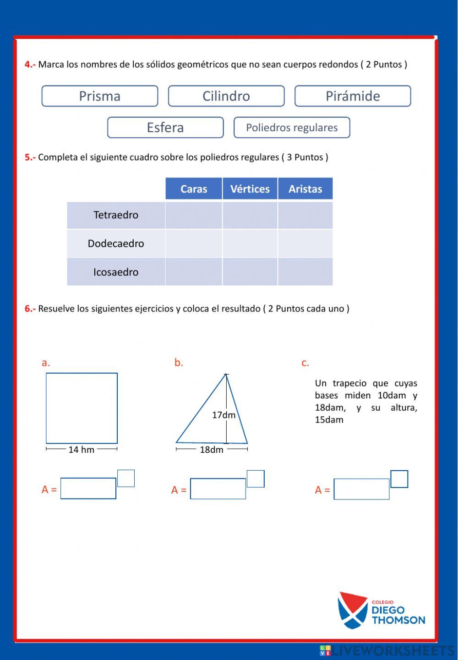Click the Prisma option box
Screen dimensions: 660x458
click(100, 96)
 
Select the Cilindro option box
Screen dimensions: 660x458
click(226, 96)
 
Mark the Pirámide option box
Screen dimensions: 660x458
click(353, 96)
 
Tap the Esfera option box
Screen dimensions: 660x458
click(165, 128)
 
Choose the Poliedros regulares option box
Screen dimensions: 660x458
click(292, 128)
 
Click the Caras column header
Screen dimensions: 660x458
click(194, 189)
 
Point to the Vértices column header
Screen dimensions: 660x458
click(250, 189)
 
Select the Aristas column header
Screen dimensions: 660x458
click(305, 189)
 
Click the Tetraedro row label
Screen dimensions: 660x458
click(116, 215)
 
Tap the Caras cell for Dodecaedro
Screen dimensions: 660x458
click(194, 243)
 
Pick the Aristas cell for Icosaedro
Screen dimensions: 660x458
click(305, 272)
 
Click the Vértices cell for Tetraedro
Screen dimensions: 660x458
click(250, 215)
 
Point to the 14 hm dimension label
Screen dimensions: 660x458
click(82, 450)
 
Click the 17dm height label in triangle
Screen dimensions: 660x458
click(224, 415)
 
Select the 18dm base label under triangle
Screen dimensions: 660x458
click(212, 450)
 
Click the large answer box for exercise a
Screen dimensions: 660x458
click(88, 488)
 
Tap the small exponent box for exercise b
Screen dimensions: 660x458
click(256, 479)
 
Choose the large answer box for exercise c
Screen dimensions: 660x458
click(361, 489)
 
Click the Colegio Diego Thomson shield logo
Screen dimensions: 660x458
click(352, 610)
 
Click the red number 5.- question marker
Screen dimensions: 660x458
click(30, 157)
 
